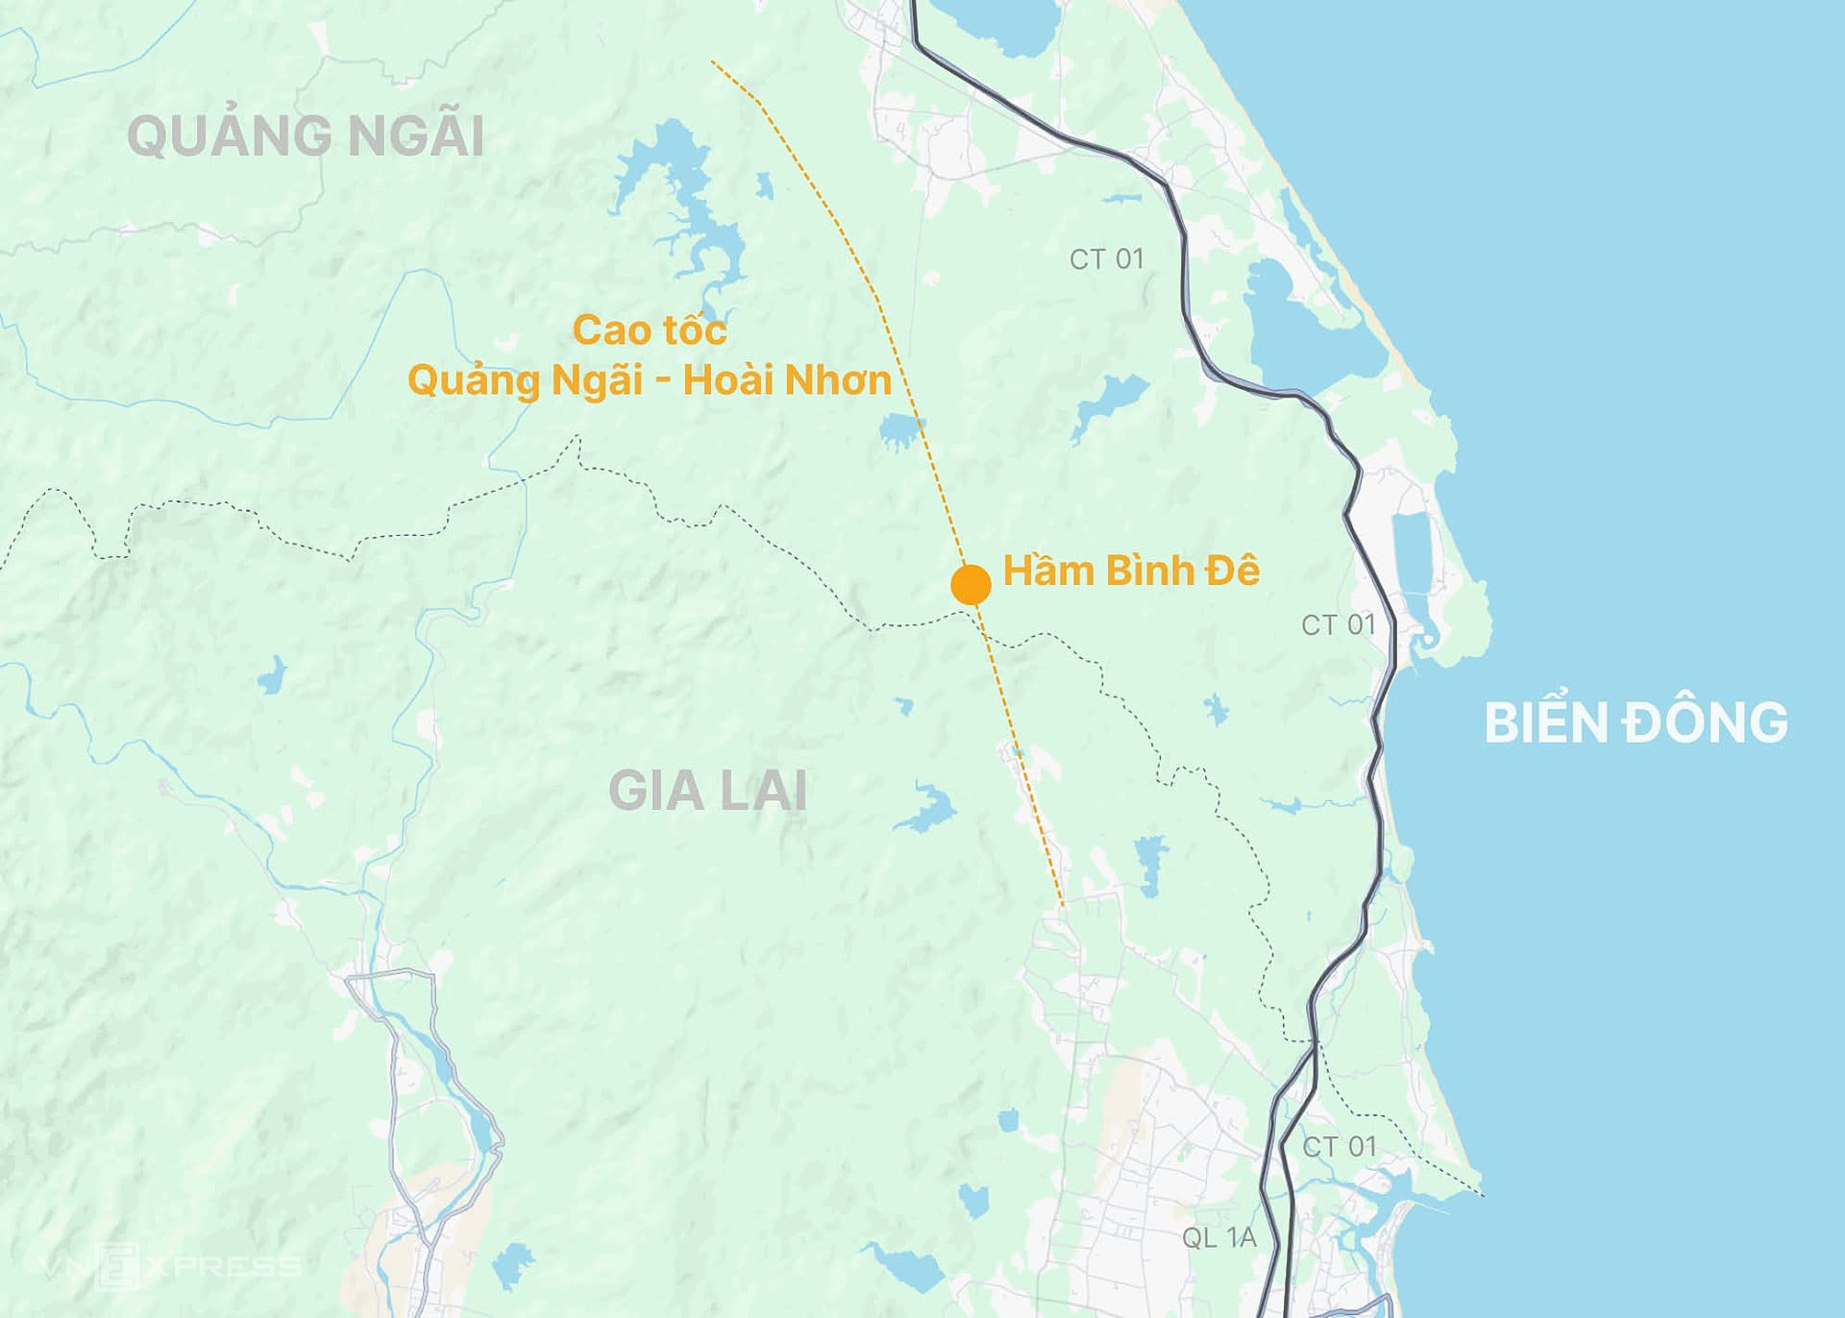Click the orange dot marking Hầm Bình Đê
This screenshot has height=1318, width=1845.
pos(971,584)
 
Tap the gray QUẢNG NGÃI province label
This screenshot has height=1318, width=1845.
pos(306,135)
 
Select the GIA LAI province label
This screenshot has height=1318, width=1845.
pos(708,792)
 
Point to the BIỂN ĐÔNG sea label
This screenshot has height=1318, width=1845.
pos(1636,722)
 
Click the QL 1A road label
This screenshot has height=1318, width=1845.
pos(1218,1237)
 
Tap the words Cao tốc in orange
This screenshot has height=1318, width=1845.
pos(650,330)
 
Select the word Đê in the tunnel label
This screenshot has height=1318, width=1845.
pos(1233,571)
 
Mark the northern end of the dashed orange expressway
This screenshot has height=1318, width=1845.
pos(712,62)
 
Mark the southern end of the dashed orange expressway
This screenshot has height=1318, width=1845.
pos(1062,905)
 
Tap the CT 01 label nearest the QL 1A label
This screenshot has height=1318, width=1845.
pos(1340,1146)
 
